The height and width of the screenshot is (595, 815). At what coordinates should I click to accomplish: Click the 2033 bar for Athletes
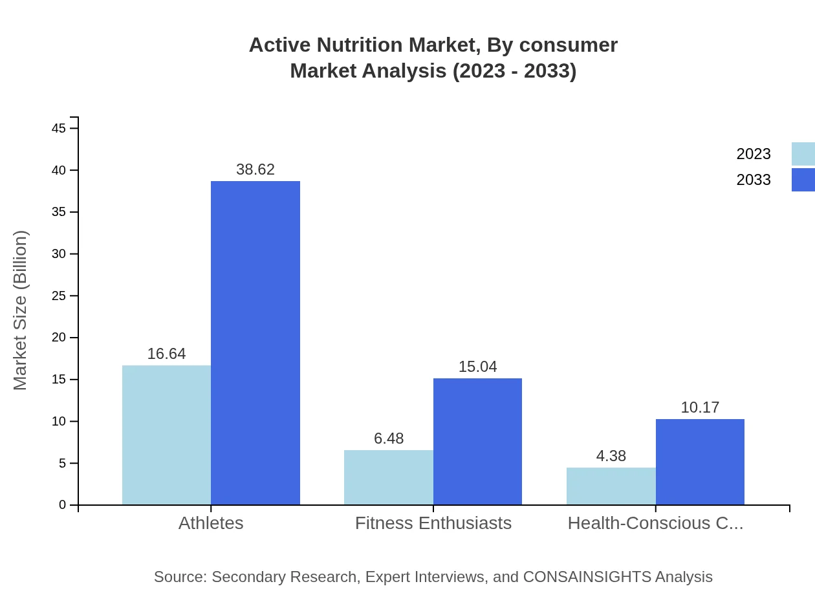pos(255,343)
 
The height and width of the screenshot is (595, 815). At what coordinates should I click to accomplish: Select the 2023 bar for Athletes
pos(166,435)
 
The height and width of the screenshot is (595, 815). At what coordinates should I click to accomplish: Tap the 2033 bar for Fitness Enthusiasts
pos(477,441)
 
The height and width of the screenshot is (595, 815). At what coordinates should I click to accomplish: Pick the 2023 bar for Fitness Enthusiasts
pos(389,477)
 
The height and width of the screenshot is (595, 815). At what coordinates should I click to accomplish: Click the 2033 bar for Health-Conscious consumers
pos(700,462)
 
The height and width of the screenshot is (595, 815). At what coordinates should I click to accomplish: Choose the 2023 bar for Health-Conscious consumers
pos(611,486)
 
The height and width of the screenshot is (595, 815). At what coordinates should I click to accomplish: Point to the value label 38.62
pos(255,169)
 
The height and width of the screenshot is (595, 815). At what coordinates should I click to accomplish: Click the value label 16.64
pos(166,354)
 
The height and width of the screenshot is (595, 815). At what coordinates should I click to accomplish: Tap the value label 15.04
pos(477,367)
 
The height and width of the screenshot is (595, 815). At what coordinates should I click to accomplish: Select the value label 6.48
pos(389,438)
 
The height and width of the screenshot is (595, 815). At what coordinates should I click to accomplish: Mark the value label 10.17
pos(700,407)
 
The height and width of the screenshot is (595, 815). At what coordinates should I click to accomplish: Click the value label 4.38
pos(611,456)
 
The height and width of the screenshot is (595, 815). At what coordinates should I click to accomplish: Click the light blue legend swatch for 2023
pos(803,154)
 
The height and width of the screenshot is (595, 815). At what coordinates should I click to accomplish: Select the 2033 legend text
pos(754,180)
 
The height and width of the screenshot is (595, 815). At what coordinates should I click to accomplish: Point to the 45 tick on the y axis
pos(59,129)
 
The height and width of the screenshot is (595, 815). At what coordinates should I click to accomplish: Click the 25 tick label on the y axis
pos(59,296)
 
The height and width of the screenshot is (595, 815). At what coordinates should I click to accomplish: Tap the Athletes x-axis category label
pos(211,523)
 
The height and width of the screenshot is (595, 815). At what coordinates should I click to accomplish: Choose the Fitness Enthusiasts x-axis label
pos(433,523)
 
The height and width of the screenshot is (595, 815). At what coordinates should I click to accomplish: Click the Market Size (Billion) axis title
pos(20,310)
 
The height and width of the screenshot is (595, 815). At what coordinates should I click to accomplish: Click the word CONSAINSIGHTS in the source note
pos(587,576)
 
